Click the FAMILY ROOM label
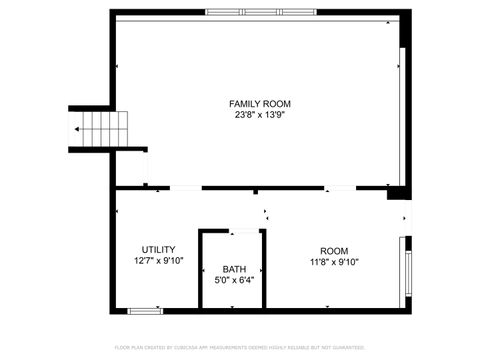pyautogui.click(x=261, y=104)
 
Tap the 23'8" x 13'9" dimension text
pyautogui.click(x=261, y=115)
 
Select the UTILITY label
pyautogui.click(x=158, y=250)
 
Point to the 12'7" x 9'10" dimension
pyautogui.click(x=158, y=261)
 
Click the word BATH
pyautogui.click(x=233, y=270)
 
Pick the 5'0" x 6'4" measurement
pyautogui.click(x=233, y=281)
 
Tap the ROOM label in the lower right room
pyautogui.click(x=334, y=251)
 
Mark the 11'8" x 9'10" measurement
pyautogui.click(x=334, y=262)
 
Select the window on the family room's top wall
pyautogui.click(x=243, y=12)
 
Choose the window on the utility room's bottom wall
pyautogui.click(x=146, y=311)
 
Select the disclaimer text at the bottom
pyautogui.click(x=240, y=348)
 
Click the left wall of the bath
pyautogui.click(x=200, y=270)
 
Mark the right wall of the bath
pyautogui.click(x=265, y=270)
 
